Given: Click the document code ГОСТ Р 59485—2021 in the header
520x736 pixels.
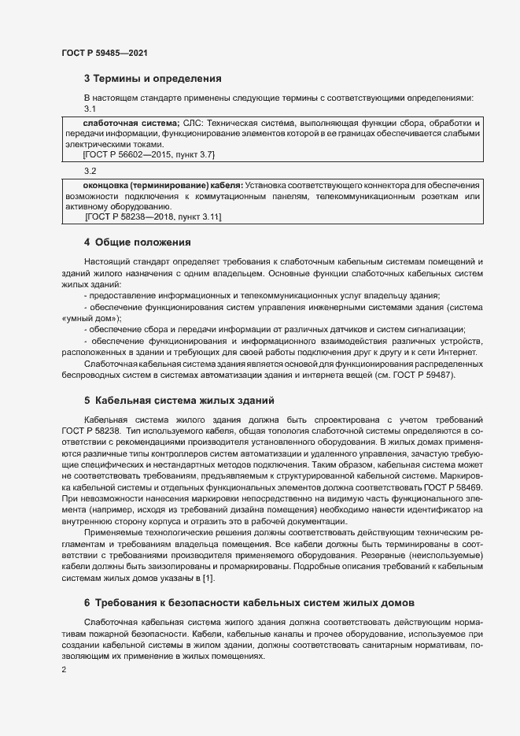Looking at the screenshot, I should pos(105,53).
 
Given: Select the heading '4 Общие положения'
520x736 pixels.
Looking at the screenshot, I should pos(138,242).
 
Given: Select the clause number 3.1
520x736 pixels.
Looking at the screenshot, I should pos(90,109).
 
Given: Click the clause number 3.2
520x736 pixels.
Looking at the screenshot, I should pos(90,172).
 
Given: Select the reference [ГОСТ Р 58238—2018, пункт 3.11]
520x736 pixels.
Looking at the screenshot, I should pos(153,217).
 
